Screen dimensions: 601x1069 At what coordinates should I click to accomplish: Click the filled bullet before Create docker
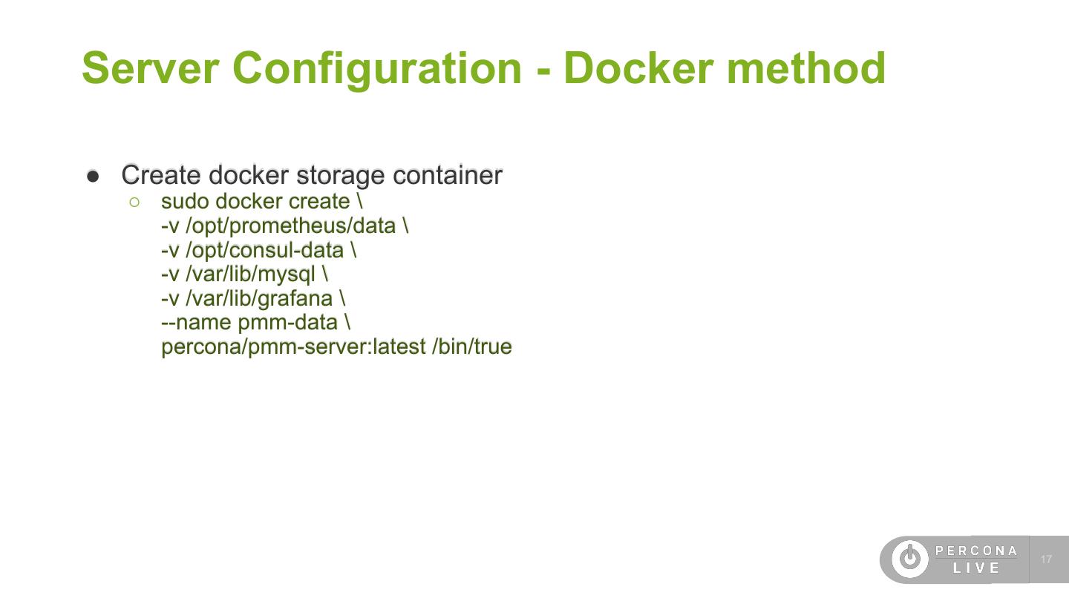[x=93, y=176]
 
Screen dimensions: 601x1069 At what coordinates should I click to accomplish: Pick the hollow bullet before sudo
[x=134, y=201]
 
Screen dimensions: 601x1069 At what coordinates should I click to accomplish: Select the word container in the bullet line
[x=447, y=175]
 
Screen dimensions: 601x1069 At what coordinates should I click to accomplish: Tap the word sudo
[x=185, y=201]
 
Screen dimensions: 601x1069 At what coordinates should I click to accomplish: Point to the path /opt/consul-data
[x=264, y=250]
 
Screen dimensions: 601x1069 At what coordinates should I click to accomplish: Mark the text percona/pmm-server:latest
[x=293, y=347]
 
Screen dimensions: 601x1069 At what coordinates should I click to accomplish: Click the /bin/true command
[x=472, y=347]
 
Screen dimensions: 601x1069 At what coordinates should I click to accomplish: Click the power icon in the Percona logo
[x=909, y=559]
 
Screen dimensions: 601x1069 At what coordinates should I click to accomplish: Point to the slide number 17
[x=1047, y=559]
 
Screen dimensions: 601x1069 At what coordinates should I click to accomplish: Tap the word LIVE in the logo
[x=976, y=568]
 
